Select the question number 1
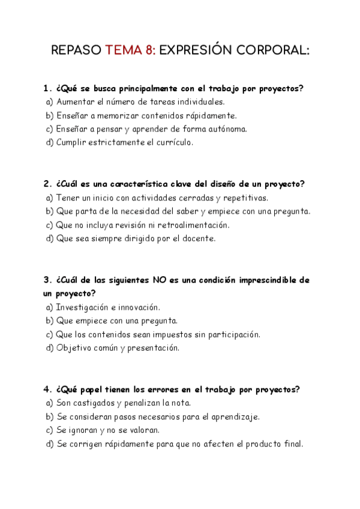[47, 88]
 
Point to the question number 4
[47, 390]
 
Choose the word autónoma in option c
[227, 129]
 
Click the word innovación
[139, 307]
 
